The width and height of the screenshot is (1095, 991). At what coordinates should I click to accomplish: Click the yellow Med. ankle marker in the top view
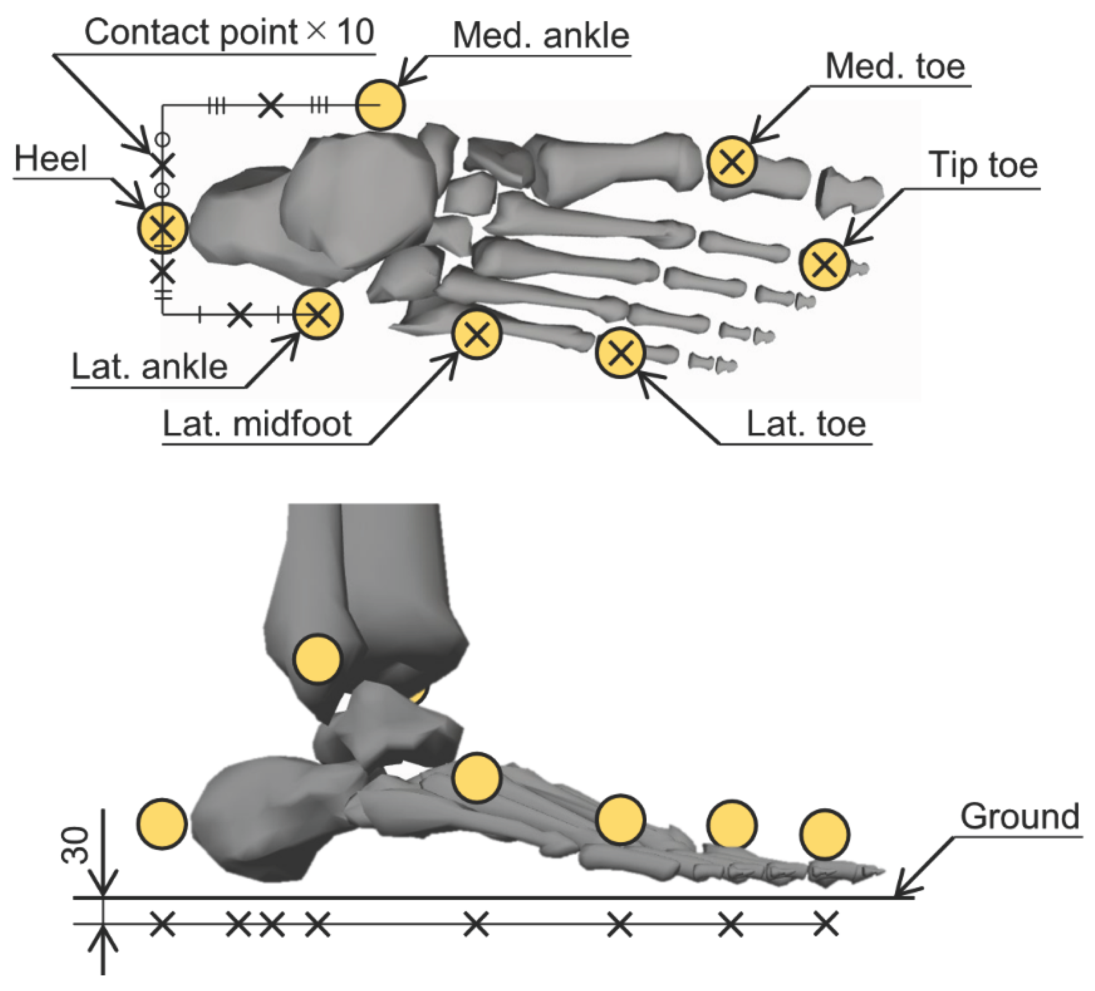click(x=380, y=105)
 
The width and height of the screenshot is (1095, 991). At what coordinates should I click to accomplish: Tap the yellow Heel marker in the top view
click(x=162, y=228)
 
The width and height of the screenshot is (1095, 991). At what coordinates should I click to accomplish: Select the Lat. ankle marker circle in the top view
click(x=318, y=314)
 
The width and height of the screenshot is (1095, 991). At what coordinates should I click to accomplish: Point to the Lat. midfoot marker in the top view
click(x=476, y=334)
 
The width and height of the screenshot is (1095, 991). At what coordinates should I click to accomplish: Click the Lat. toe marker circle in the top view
click(x=620, y=353)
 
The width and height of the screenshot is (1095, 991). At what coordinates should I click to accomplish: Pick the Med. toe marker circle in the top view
click(x=732, y=162)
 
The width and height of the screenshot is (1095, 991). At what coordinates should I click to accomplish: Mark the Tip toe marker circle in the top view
click(x=824, y=265)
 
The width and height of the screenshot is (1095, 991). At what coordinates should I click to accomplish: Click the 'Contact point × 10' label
click(x=229, y=32)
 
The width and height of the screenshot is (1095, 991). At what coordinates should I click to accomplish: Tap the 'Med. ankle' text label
click(x=540, y=36)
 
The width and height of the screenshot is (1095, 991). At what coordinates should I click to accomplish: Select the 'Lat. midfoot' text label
click(x=257, y=424)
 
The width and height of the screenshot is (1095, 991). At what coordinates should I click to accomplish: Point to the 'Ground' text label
click(x=1020, y=817)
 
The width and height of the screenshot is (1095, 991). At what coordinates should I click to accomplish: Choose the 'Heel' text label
click(x=51, y=159)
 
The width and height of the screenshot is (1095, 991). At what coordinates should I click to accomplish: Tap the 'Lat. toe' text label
click(x=806, y=424)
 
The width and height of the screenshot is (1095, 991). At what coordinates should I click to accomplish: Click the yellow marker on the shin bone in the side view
click(x=317, y=659)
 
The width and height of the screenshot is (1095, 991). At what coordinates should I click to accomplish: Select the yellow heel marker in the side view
click(x=162, y=823)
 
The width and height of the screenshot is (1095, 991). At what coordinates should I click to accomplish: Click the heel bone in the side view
click(x=261, y=820)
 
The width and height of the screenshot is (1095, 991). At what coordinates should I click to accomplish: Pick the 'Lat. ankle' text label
click(x=150, y=367)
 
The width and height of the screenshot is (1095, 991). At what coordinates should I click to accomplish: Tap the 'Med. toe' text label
click(x=895, y=67)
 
